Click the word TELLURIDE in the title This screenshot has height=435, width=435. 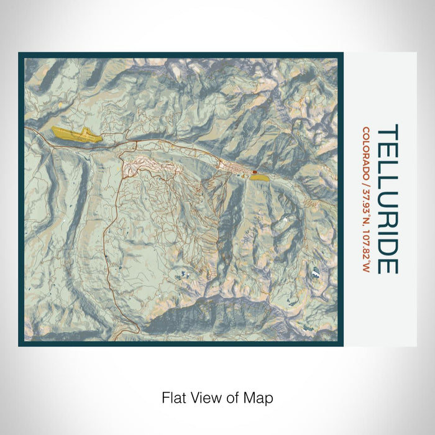coord(387,199)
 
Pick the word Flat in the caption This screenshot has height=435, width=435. coord(173,397)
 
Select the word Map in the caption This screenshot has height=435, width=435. coord(260,397)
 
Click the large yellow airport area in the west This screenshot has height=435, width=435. coord(75,134)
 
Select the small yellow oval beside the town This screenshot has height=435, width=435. coord(260,177)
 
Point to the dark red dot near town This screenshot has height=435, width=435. coord(254,172)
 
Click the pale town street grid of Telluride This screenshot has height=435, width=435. coord(233,167)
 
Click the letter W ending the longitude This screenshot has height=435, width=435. coord(366,269)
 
